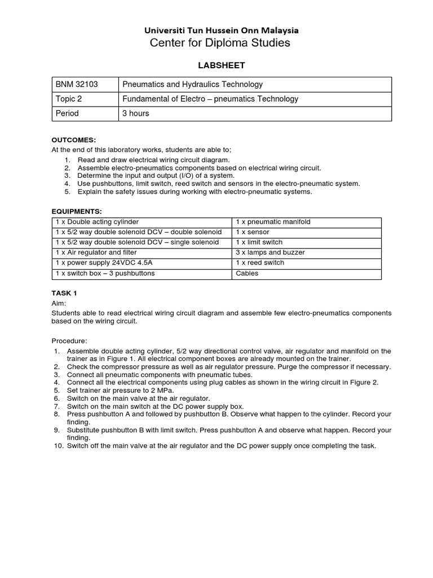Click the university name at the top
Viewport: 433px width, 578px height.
coord(222,30)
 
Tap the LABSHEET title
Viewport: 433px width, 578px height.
coord(221,65)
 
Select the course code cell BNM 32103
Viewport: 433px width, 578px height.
coord(77,85)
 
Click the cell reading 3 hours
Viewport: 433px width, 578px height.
coord(136,113)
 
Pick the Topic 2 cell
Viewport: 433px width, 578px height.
coord(69,99)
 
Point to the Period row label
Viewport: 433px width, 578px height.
coord(67,113)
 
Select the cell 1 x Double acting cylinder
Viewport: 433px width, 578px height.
coord(97,222)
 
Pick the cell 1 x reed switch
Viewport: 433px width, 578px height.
coord(260,262)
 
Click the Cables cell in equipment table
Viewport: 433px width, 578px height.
coord(247,273)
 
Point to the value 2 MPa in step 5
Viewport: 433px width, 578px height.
coord(164,390)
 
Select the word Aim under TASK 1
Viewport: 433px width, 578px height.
coord(59,303)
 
